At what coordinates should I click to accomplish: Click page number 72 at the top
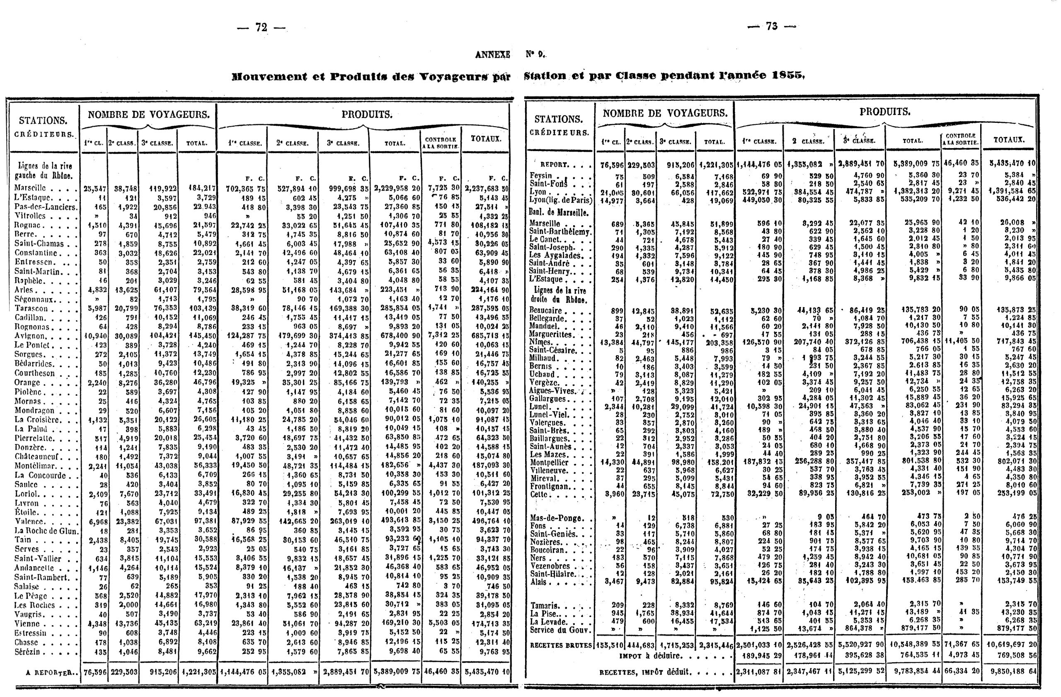261,28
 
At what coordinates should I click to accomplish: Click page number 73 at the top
772,27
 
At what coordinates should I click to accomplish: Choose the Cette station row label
538,495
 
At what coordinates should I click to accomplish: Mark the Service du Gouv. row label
560,630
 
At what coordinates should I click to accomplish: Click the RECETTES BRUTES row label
561,645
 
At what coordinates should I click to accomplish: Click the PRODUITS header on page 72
367,115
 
